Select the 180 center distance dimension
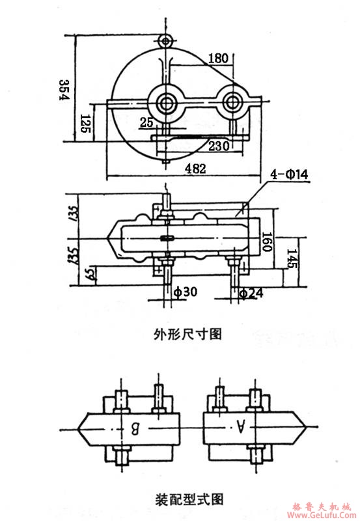click(218, 58)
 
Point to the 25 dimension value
click(146, 122)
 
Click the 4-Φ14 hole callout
click(287, 174)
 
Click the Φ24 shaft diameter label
click(251, 293)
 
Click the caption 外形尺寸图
click(188, 335)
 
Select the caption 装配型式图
click(188, 500)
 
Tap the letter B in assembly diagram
click(135, 428)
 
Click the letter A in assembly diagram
click(240, 427)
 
